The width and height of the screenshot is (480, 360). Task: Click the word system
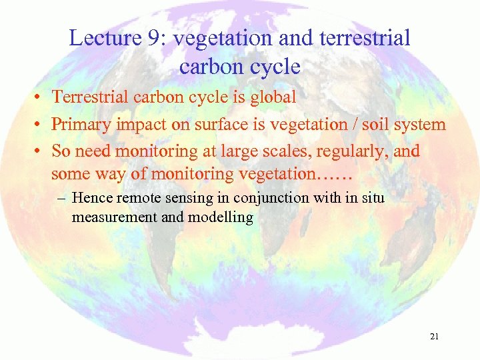click(420, 125)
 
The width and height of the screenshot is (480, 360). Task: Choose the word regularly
click(344, 151)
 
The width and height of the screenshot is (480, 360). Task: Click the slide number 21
click(434, 337)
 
